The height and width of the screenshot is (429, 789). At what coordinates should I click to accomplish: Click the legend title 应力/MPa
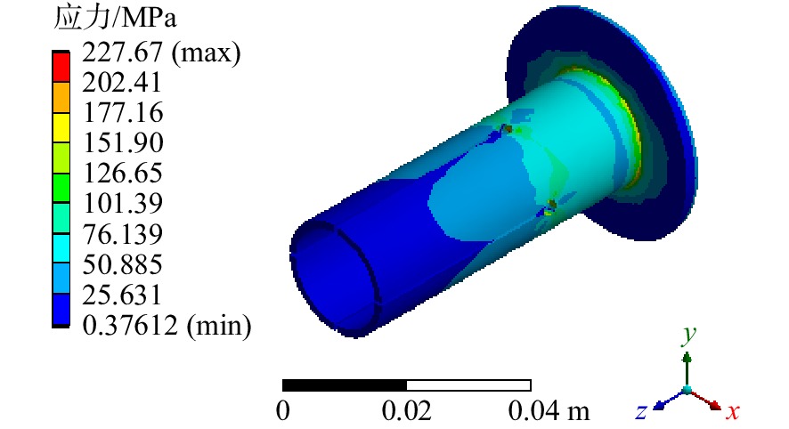(x=115, y=17)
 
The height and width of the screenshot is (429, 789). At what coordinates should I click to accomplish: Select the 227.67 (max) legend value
(x=161, y=53)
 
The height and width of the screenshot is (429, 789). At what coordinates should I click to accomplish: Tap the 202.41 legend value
(x=122, y=82)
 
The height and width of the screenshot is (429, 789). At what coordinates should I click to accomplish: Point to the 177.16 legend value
(x=123, y=112)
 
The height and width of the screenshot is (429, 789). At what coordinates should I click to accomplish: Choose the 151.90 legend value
(x=123, y=142)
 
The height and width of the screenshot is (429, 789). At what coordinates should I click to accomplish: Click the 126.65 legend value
(x=122, y=173)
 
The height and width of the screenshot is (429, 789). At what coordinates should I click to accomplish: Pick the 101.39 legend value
(x=122, y=203)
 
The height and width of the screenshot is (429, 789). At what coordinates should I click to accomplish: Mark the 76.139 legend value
(x=122, y=234)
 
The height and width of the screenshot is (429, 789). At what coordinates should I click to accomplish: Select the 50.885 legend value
(x=122, y=264)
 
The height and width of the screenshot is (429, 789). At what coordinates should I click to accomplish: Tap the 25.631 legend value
(x=122, y=295)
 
